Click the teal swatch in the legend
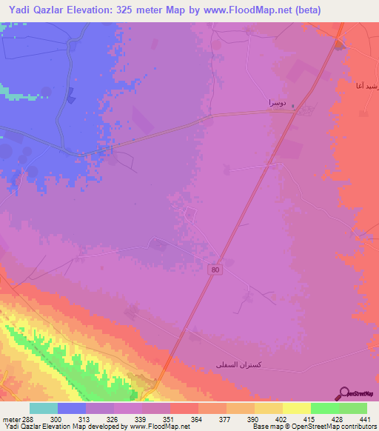point(44,409)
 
